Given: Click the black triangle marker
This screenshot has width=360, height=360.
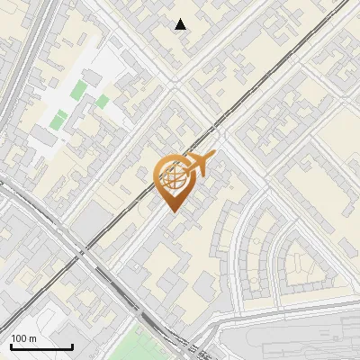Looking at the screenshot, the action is [181, 24].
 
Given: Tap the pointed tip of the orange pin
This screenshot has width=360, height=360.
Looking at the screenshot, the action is [172, 211].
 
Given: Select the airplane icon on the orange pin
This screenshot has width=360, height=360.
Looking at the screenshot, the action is [200, 163].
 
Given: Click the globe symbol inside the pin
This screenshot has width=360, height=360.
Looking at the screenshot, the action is [172, 178].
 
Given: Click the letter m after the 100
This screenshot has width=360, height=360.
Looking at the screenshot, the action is [33, 338].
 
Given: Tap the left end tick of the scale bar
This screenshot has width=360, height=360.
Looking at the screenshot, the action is [11, 346].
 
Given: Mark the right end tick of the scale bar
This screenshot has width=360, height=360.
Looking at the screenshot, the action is [72, 346].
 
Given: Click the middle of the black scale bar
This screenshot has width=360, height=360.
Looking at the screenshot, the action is [41, 347].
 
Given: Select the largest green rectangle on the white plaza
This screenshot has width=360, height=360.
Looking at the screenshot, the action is [80, 89].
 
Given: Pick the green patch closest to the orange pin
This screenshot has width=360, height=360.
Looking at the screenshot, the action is [103, 101].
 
